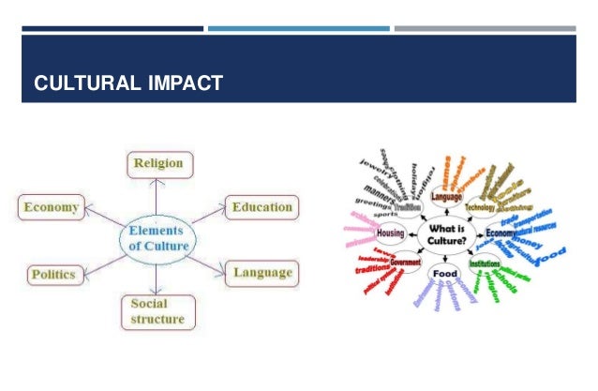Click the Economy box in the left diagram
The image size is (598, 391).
click(52, 206)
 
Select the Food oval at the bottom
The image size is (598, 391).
click(443, 275)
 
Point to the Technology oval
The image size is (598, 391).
click(479, 206)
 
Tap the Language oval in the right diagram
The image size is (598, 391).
click(446, 199)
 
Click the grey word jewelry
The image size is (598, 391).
click(369, 173)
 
